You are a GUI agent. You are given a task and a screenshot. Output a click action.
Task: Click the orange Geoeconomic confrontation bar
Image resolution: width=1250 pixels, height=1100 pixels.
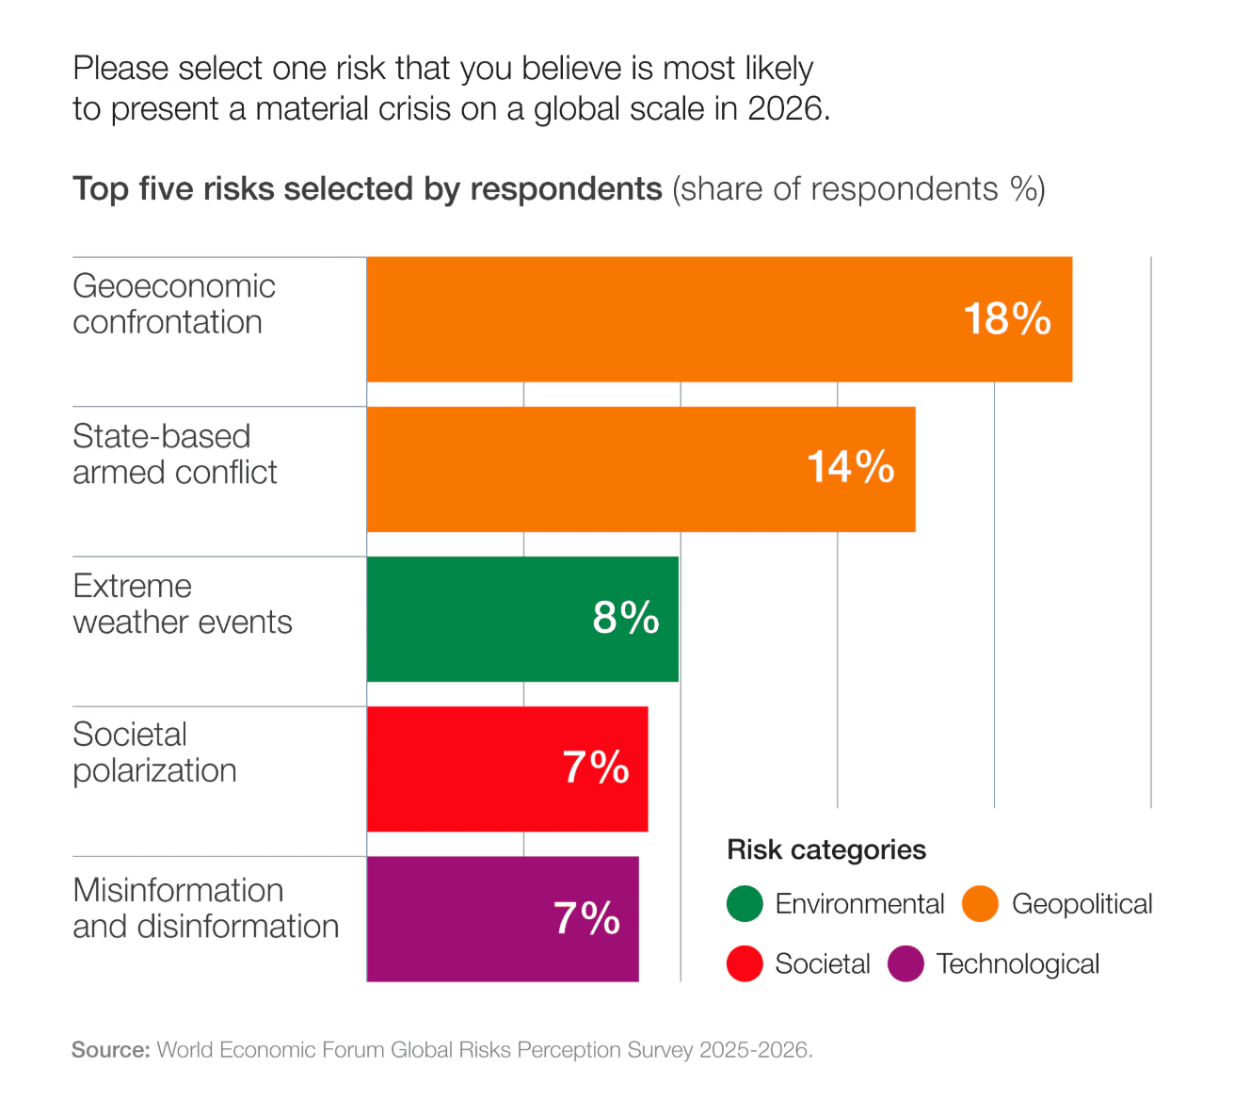click(659, 319)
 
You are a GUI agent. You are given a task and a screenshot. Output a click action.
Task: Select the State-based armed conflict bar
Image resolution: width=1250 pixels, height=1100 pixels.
click(584, 469)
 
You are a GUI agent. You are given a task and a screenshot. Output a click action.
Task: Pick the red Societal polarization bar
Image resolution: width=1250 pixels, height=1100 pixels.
click(461, 768)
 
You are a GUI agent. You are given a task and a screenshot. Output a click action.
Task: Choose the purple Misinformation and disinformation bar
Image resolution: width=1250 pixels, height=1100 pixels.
click(452, 918)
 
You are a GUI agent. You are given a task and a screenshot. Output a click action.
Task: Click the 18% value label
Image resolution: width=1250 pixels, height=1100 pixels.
click(1006, 319)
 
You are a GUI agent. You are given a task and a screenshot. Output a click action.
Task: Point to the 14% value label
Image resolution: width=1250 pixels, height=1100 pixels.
click(850, 467)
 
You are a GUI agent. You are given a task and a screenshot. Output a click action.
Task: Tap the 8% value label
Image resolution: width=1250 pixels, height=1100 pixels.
click(625, 618)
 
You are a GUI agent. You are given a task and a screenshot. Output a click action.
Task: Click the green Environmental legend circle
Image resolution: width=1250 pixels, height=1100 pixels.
click(745, 904)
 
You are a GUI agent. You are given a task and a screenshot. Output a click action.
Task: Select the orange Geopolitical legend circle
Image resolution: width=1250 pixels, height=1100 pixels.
click(980, 904)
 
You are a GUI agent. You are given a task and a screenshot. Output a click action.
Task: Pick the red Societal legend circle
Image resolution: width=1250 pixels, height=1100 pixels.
click(745, 963)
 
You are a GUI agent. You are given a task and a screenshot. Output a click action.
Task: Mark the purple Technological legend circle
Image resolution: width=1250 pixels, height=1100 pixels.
click(905, 963)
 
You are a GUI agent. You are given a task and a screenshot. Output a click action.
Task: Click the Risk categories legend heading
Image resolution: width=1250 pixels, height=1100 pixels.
click(825, 849)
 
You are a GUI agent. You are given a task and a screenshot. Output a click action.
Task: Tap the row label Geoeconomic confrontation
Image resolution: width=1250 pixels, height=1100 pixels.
click(174, 303)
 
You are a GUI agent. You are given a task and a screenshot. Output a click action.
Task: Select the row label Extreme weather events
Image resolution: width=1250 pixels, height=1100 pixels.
click(183, 604)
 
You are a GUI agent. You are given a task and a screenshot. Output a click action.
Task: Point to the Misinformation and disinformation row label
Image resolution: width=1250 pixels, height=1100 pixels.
click(205, 908)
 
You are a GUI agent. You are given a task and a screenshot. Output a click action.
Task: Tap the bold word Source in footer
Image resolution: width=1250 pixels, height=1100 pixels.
click(110, 1050)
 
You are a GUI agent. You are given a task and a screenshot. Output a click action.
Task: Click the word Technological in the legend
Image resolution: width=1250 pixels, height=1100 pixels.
click(1018, 964)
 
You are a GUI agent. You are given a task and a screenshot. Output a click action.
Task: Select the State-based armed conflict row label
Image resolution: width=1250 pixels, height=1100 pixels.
click(175, 454)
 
